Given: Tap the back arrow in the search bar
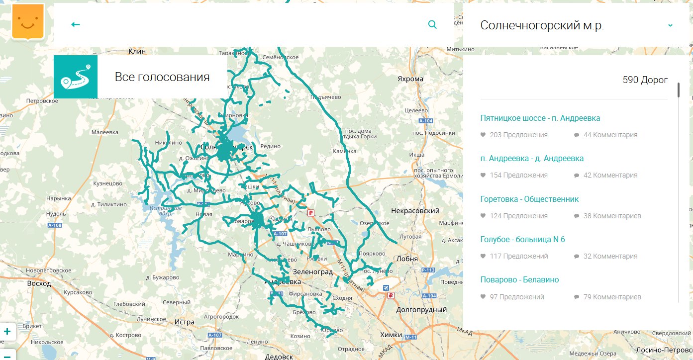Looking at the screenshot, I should pyautogui.click(x=76, y=24).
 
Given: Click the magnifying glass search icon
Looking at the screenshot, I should pyautogui.click(x=432, y=24).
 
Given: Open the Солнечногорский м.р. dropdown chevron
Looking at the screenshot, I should pyautogui.click(x=670, y=25).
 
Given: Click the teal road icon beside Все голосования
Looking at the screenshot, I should pyautogui.click(x=76, y=77).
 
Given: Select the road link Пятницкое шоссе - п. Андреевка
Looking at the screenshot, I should pyautogui.click(x=540, y=118).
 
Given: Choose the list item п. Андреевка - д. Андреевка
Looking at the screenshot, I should pyautogui.click(x=532, y=159).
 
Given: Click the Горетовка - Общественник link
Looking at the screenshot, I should pyautogui.click(x=529, y=199).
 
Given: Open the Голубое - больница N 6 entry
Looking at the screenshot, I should pyautogui.click(x=522, y=240).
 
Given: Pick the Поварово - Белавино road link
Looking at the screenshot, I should pyautogui.click(x=519, y=280).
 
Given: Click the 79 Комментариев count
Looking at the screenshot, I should pyautogui.click(x=607, y=297).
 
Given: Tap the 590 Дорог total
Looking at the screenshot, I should pyautogui.click(x=645, y=80).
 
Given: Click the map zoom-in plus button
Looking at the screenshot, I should pyautogui.click(x=7, y=331).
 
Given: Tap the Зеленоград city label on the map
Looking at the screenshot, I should pyautogui.click(x=312, y=272).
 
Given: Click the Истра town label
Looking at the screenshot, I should pyautogui.click(x=184, y=322).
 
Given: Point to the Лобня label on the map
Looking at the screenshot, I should pyautogui.click(x=407, y=259).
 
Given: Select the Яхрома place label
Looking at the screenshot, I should pyautogui.click(x=410, y=79).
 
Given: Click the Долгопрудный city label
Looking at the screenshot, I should pyautogui.click(x=421, y=310).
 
